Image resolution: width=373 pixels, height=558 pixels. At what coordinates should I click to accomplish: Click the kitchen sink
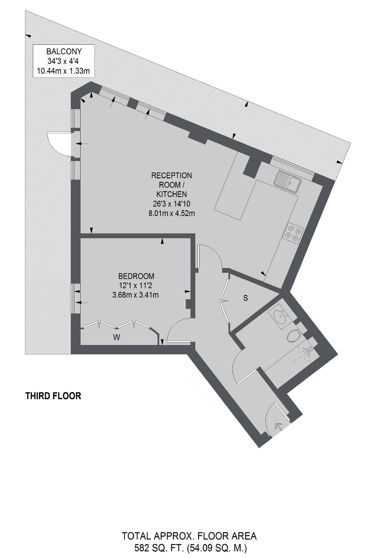pyautogui.click(x=288, y=181)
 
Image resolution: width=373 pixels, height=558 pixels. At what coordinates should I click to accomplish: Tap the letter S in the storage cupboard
pyautogui.click(x=246, y=298)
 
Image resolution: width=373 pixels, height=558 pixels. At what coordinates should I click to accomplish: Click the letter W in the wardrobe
pyautogui.click(x=117, y=337)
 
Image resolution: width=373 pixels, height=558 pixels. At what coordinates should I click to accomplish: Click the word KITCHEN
pyautogui.click(x=172, y=194)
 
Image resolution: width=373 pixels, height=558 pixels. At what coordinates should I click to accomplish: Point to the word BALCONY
pyautogui.click(x=64, y=52)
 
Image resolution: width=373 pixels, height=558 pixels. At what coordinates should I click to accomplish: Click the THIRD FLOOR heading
pyautogui.click(x=53, y=396)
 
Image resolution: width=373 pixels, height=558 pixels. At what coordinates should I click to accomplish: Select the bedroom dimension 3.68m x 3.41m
pyautogui.click(x=135, y=295)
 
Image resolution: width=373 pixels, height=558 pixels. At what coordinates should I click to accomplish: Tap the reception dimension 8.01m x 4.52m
pyautogui.click(x=172, y=213)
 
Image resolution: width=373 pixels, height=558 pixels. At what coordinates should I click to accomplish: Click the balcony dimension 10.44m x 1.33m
pyautogui.click(x=63, y=71)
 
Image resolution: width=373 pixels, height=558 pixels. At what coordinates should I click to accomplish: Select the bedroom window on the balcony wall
pyautogui.click(x=76, y=298)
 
